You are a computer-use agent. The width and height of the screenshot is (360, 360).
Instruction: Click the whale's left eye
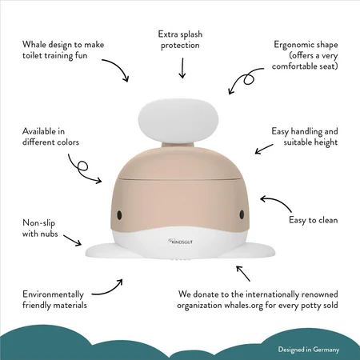[x=119, y=215]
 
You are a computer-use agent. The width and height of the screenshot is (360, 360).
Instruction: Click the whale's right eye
[x=242, y=214]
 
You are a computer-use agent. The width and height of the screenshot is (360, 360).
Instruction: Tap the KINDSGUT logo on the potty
[x=180, y=242]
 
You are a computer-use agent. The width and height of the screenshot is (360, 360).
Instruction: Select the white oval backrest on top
[x=178, y=120]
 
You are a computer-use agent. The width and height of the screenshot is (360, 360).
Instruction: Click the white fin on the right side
[x=258, y=250]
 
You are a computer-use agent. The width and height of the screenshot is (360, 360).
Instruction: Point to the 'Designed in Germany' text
[x=309, y=350]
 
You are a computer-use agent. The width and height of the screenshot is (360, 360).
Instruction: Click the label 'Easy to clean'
[x=314, y=220]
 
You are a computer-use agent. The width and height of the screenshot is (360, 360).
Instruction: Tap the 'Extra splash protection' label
[x=180, y=40]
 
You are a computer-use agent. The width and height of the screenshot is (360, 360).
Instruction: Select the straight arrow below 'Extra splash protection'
[x=182, y=68]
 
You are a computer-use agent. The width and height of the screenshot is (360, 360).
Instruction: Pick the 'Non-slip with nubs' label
[x=40, y=228]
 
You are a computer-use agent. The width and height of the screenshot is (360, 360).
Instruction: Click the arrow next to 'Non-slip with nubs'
[x=72, y=240]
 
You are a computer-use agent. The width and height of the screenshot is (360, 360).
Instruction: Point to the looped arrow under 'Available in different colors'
[x=82, y=169]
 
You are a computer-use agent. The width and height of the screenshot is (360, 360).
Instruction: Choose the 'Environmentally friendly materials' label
[x=54, y=300]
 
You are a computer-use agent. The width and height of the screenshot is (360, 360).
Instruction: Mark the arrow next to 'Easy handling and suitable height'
[x=264, y=149]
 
